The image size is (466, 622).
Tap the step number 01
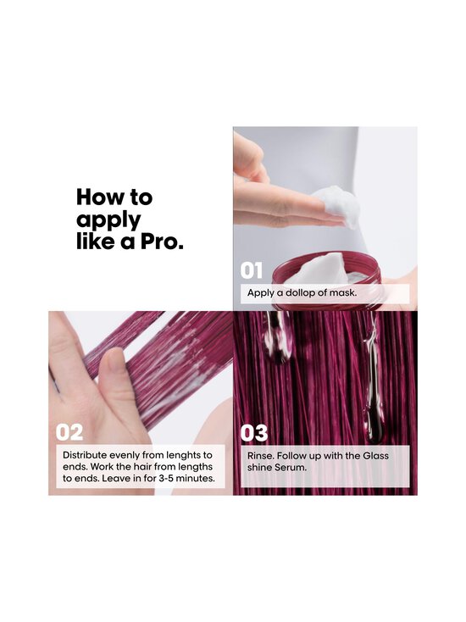(252, 270)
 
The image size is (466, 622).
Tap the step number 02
(69, 432)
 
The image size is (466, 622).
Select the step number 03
(254, 432)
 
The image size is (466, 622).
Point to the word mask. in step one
(341, 293)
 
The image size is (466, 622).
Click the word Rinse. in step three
(262, 455)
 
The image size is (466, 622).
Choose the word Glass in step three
(373, 455)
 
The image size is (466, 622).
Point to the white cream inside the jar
(322, 269)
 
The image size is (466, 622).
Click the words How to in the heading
(114, 197)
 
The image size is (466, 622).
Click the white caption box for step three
(325, 466)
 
